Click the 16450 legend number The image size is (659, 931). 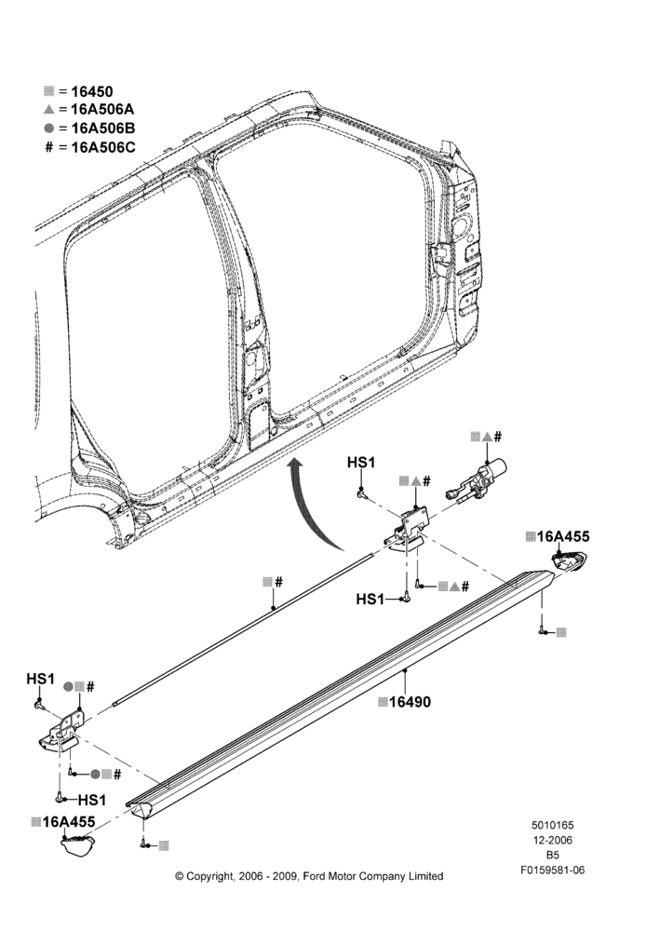pos(91,91)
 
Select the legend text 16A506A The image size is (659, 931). pos(102,109)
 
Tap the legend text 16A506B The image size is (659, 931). pos(102,128)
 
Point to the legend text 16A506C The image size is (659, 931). pos(102,147)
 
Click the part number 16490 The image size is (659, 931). pos(410,702)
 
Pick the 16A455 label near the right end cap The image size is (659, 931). pos(563,536)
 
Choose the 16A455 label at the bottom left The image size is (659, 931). pos(68,822)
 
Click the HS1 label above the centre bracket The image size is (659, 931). pos(361,462)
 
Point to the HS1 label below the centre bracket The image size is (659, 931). pos(370,600)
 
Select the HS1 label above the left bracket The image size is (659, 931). pos(40,679)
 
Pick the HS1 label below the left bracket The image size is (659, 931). pos(92,800)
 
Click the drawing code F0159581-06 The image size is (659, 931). pos(553,870)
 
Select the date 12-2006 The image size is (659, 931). pos(552,840)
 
